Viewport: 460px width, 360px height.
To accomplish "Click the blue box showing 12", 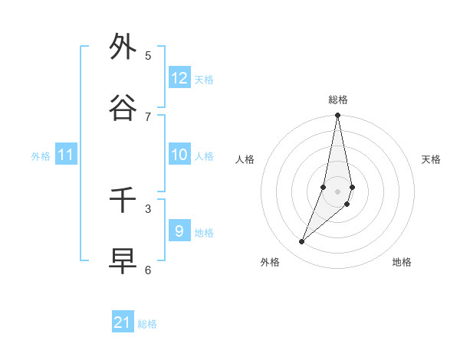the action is coord(179,78).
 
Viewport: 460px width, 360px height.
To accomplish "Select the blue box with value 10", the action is coord(179,155).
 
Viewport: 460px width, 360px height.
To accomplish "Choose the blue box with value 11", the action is coord(66,155).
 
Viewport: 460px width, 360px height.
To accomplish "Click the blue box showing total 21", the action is coord(123,322).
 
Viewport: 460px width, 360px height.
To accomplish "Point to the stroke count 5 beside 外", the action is coord(148,55).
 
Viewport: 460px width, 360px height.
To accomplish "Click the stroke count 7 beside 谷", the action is coord(148,116).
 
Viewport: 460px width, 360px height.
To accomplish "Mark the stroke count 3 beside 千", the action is coord(148,208).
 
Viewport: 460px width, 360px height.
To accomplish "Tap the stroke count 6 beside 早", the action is coord(148,270).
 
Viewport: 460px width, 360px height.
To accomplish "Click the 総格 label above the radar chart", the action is coord(338,100).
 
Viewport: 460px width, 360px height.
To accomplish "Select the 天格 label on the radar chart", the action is coord(431,159).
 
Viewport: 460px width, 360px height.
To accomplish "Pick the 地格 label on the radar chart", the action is coord(402,262).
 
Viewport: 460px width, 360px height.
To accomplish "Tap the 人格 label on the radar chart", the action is coord(245,159).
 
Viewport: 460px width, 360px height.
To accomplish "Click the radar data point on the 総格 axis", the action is coord(337,116).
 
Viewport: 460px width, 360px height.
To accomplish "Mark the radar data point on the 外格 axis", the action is coord(301,242).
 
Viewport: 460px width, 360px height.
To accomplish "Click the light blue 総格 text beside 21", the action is coord(147,324).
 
